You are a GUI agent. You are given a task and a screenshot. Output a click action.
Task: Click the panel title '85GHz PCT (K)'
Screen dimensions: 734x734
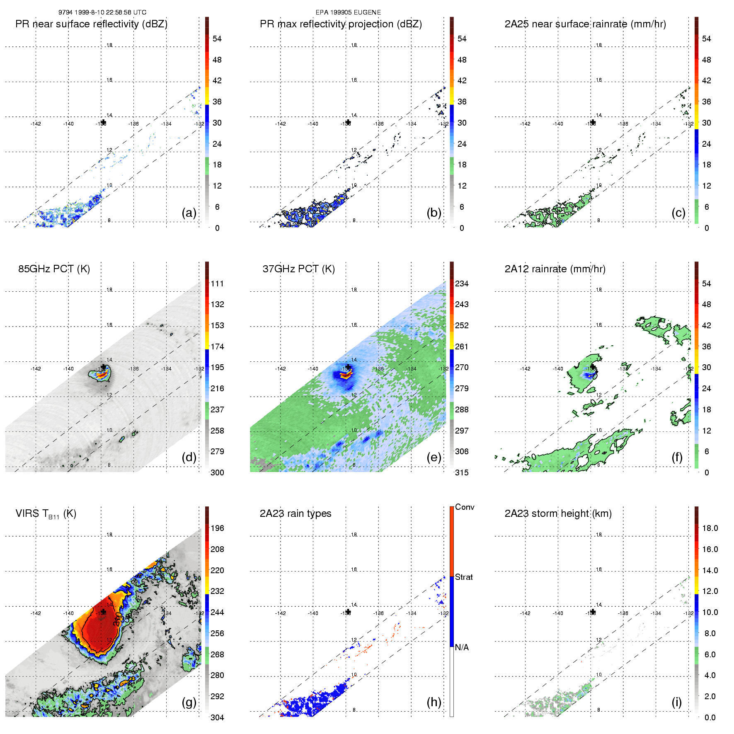click(54, 269)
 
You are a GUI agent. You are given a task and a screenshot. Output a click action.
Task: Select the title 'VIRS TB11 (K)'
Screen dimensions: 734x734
click(46, 514)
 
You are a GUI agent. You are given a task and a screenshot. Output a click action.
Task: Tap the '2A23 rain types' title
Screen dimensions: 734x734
click(296, 514)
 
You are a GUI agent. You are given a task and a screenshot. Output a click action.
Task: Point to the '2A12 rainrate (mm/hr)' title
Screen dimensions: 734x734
click(555, 269)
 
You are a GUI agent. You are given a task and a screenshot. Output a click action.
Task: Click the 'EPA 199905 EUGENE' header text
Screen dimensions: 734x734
click(348, 12)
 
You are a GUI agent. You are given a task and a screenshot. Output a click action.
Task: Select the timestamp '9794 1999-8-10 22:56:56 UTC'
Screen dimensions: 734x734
click(102, 12)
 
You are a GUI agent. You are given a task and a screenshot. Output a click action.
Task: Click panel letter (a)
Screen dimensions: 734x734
click(189, 213)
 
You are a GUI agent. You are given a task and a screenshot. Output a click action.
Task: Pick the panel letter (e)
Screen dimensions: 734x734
click(434, 457)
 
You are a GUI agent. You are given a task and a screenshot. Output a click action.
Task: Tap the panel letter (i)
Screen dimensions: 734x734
click(676, 702)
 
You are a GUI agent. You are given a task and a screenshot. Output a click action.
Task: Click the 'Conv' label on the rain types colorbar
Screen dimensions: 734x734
click(465, 507)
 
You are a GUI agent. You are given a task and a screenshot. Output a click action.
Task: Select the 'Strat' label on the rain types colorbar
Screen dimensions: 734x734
click(464, 577)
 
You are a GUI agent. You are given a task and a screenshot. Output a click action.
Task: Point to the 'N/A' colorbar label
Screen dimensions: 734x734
click(462, 647)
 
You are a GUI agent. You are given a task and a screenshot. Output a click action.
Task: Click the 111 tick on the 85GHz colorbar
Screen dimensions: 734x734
click(217, 283)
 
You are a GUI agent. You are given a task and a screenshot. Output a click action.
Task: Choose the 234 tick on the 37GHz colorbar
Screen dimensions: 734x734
click(462, 283)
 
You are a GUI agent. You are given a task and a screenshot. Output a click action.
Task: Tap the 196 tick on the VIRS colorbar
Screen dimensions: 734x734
click(217, 528)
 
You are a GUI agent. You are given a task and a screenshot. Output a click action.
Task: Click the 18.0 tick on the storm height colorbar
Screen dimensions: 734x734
click(710, 528)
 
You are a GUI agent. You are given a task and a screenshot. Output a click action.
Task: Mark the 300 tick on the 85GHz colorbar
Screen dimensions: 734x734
click(217, 472)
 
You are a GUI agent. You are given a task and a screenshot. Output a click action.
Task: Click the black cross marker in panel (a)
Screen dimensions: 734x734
click(103, 122)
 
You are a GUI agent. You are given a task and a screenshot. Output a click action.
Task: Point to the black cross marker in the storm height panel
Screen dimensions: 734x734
click(593, 612)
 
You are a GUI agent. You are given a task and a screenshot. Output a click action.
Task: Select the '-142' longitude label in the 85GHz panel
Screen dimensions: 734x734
click(36, 368)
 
